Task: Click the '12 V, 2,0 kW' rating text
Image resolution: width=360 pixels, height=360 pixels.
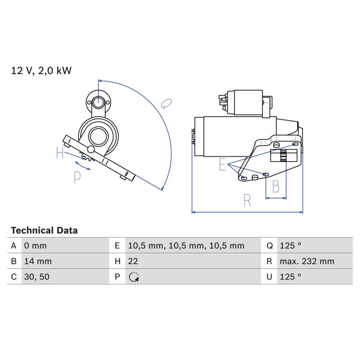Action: pyautogui.click(x=41, y=71)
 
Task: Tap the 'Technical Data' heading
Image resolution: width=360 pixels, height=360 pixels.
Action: pyautogui.click(x=44, y=230)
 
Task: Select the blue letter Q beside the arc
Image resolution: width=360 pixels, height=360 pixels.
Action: pyautogui.click(x=166, y=103)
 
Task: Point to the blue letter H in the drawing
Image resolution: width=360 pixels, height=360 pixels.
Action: pyautogui.click(x=60, y=153)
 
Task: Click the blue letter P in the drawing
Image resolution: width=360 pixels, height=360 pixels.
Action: pyautogui.click(x=77, y=177)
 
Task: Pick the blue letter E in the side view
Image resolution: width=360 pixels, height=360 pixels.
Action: pyautogui.click(x=222, y=164)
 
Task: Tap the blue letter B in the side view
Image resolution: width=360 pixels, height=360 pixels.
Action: pyautogui.click(x=276, y=186)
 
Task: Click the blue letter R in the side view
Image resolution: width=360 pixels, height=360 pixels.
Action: pyautogui.click(x=247, y=200)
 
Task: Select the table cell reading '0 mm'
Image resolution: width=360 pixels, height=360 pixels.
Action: pyautogui.click(x=36, y=246)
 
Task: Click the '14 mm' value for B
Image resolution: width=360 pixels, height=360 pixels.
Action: pyautogui.click(x=38, y=261)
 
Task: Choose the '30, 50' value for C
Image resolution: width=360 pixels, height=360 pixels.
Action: pyautogui.click(x=37, y=277)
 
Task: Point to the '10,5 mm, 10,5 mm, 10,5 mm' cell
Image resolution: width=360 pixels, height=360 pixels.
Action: pyautogui.click(x=186, y=246)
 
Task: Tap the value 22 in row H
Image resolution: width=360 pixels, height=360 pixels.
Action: pyautogui.click(x=133, y=261)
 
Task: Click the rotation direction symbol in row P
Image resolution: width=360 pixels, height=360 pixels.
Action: pyautogui.click(x=134, y=277)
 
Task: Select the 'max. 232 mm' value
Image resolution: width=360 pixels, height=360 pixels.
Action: pyautogui.click(x=307, y=261)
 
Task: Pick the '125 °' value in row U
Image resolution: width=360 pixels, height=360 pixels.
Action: pyautogui.click(x=290, y=277)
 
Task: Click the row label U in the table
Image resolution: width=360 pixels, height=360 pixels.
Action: pyautogui.click(x=269, y=277)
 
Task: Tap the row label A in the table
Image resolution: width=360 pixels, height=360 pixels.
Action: pyautogui.click(x=14, y=246)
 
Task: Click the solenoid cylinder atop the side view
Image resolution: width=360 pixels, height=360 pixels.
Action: pyautogui.click(x=248, y=103)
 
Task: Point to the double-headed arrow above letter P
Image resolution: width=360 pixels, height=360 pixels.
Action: pyautogui.click(x=83, y=166)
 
